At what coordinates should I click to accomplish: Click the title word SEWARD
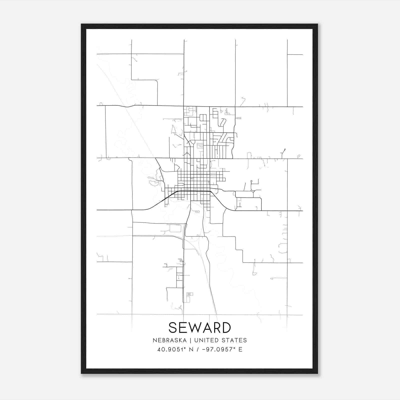click(x=200, y=327)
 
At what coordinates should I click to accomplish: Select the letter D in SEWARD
click(x=226, y=327)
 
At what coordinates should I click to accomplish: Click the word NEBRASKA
click(x=169, y=340)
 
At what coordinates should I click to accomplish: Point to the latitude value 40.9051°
click(x=170, y=349)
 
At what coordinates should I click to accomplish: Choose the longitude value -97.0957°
click(x=218, y=349)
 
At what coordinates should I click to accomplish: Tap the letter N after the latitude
click(x=191, y=349)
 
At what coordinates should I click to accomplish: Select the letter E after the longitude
click(x=240, y=349)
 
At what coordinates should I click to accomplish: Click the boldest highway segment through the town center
click(x=194, y=191)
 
